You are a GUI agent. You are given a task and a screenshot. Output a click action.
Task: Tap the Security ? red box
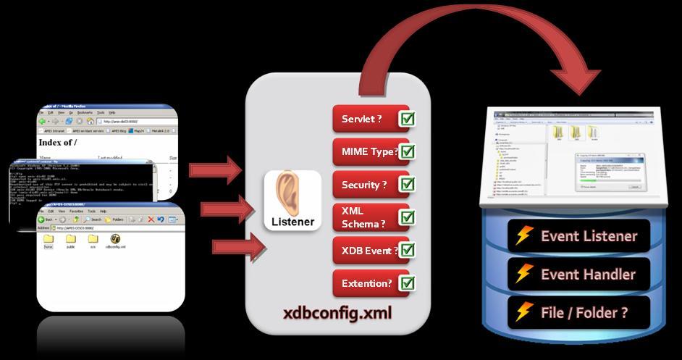tap(364, 185)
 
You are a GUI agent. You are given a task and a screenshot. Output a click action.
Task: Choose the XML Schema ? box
tap(364, 217)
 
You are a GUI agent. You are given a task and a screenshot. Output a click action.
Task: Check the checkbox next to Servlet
tap(407, 119)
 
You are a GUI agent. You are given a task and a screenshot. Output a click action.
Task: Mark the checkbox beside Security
tap(407, 185)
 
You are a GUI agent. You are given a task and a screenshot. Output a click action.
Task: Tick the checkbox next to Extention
tap(407, 282)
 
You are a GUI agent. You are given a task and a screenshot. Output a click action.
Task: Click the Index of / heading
tap(57, 143)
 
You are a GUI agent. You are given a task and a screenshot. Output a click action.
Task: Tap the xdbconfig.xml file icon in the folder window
tap(115, 239)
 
